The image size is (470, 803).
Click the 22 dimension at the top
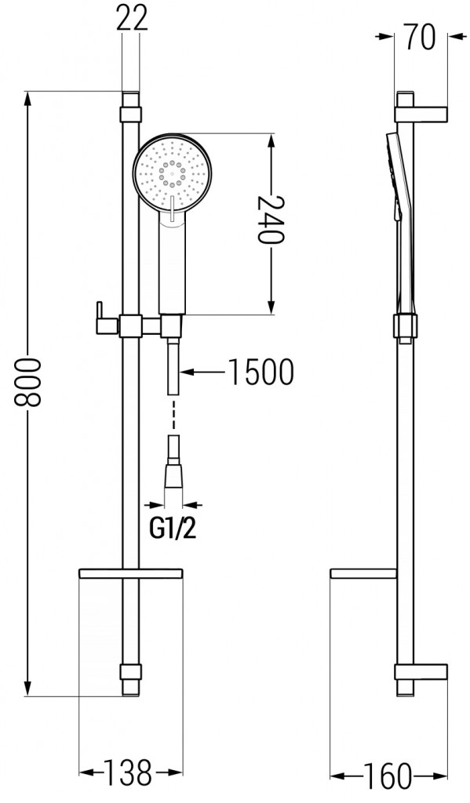coord(132,18)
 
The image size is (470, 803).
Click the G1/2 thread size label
coord(173,530)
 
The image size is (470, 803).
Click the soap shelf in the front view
coord(131,575)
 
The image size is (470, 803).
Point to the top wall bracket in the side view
coord(421,113)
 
